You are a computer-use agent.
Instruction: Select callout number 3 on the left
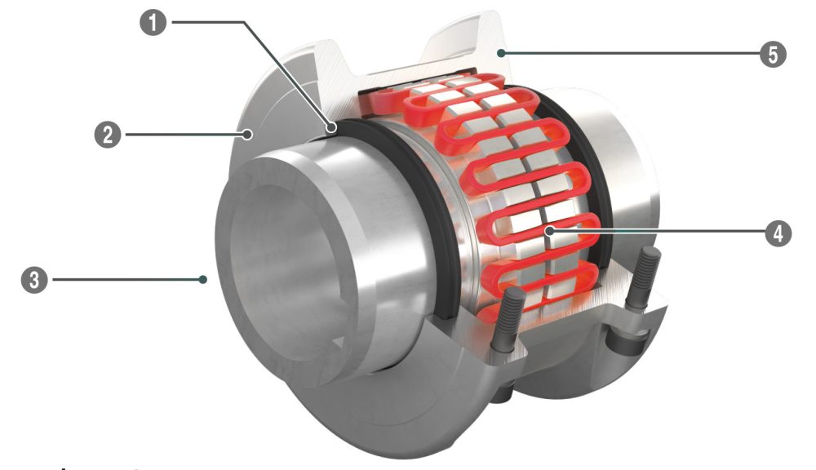32,281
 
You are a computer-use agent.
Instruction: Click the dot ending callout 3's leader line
202,280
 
